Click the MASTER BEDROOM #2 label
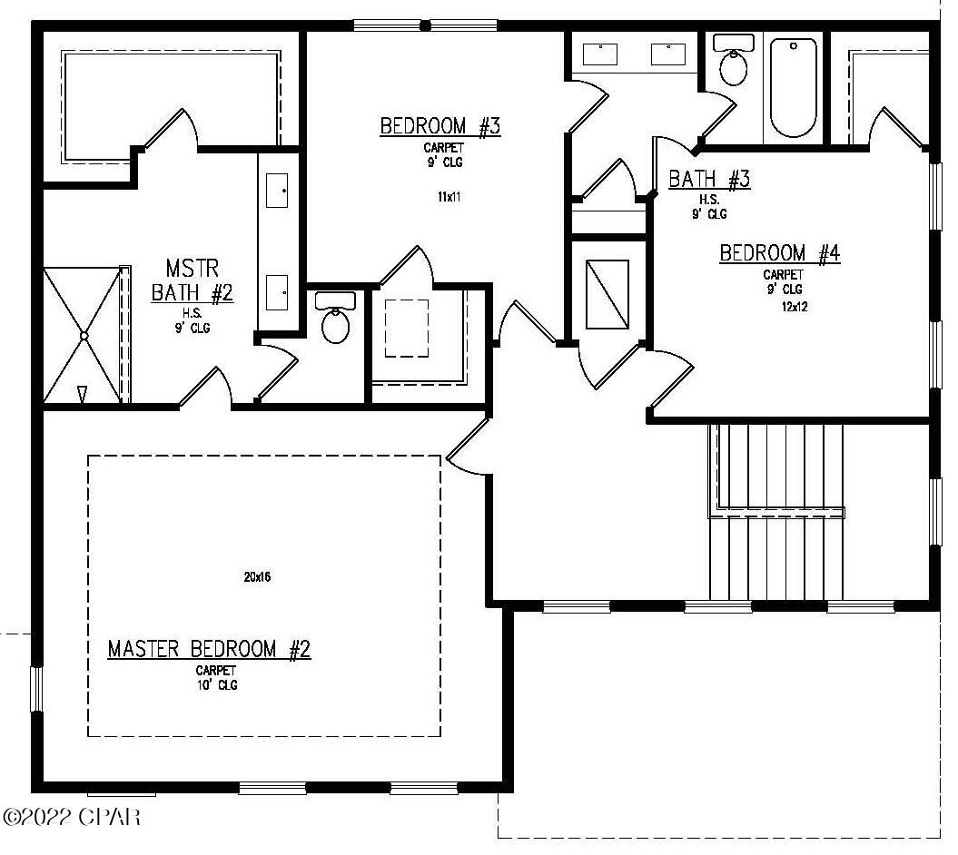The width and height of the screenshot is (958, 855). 209,649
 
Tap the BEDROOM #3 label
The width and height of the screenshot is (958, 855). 440,126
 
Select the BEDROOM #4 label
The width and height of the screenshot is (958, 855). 779,253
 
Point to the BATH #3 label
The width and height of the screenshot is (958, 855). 709,179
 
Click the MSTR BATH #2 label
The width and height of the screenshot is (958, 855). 193,281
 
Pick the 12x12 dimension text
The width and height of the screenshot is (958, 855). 795,307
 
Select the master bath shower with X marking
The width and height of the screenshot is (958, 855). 83,335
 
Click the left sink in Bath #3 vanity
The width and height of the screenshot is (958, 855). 600,54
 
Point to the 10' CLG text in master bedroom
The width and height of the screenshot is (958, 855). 216,685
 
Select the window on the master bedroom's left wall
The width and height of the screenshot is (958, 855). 37,689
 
